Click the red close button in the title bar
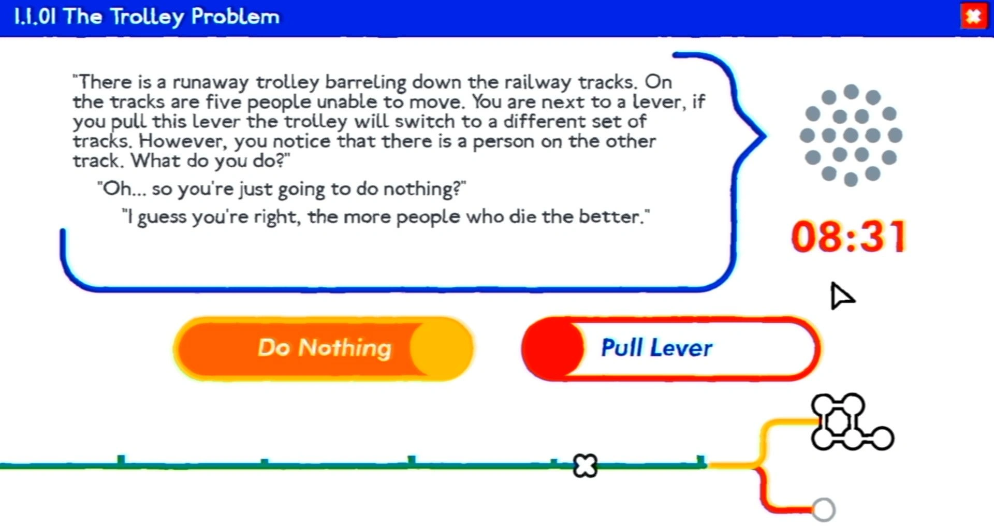tap(973, 16)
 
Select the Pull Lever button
tap(671, 348)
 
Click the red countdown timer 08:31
tap(849, 237)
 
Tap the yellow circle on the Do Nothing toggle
tap(441, 348)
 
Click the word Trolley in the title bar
tap(147, 17)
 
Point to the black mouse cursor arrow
tap(841, 296)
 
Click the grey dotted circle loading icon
tap(851, 136)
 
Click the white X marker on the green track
tap(586, 465)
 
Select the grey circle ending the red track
tap(823, 510)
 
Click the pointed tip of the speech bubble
tap(765, 136)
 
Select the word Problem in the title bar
tap(235, 17)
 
